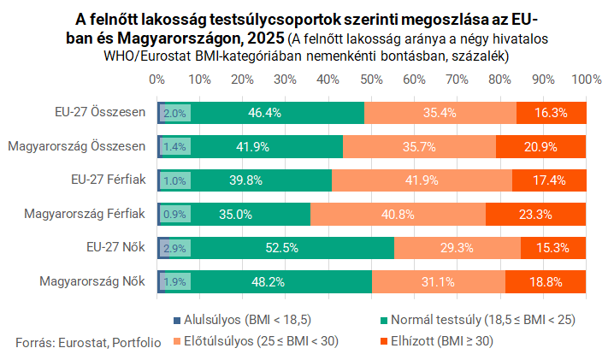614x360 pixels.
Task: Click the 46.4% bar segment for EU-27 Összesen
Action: [265, 113]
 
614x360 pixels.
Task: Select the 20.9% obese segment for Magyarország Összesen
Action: [540, 147]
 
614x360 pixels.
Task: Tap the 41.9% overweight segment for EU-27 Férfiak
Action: [422, 180]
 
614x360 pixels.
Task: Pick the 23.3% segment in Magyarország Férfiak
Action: [535, 215]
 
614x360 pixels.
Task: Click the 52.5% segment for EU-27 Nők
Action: [282, 248]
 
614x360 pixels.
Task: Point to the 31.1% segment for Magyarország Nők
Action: [439, 282]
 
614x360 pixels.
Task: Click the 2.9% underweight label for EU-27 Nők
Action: [174, 248]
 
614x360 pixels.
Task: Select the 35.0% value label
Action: [235, 215]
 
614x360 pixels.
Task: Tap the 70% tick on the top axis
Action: [457, 80]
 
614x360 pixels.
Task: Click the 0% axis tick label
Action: [157, 80]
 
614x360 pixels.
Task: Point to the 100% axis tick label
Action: [587, 80]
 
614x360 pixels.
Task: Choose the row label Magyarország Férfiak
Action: [85, 214]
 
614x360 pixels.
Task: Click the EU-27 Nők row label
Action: [116, 247]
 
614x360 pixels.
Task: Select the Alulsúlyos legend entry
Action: [243, 320]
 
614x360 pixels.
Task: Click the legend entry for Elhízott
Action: [437, 341]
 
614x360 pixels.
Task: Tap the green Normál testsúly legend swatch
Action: [384, 321]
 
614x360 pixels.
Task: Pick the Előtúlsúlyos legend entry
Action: [256, 341]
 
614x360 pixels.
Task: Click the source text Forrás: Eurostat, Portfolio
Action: [88, 343]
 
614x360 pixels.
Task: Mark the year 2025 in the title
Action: [266, 38]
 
